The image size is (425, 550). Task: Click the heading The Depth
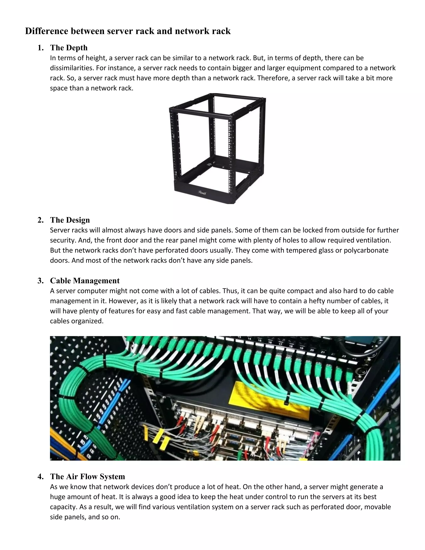click(69, 48)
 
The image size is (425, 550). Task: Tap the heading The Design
click(70, 220)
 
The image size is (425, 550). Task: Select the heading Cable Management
click(85, 281)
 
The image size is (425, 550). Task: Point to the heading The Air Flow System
click(87, 477)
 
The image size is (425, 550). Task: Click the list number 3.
click(40, 281)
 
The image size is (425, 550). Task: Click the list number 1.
click(40, 48)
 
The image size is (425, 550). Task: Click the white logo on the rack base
click(202, 192)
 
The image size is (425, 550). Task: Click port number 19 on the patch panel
click(301, 348)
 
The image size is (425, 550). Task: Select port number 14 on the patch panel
click(249, 339)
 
